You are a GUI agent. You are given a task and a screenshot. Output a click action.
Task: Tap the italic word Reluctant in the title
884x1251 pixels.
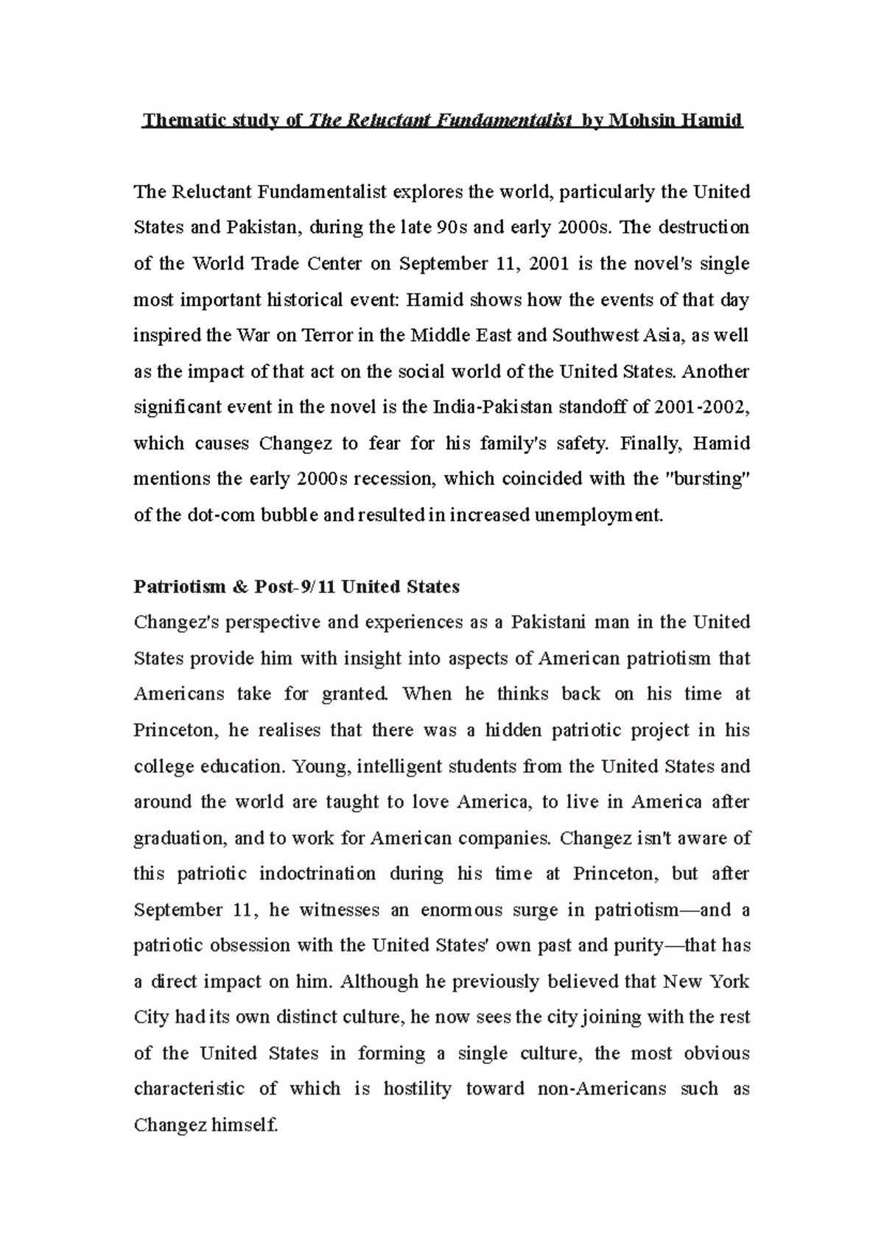(382, 120)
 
